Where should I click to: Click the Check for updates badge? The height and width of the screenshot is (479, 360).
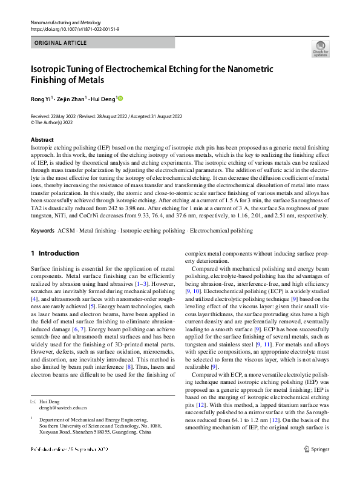pos(320,48)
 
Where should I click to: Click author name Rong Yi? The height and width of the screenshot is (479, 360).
pos(41,98)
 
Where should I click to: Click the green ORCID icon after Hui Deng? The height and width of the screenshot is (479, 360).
pos(120,98)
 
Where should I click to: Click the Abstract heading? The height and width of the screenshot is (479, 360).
pos(42,140)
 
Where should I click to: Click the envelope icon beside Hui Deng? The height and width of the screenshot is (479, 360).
pos(33,401)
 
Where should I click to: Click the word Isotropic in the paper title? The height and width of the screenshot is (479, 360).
pos(50,68)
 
